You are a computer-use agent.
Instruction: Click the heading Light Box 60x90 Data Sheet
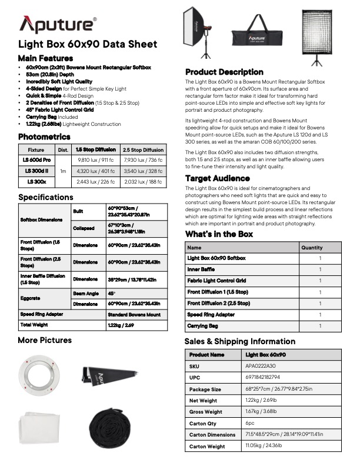pyautogui.click(x=88, y=44)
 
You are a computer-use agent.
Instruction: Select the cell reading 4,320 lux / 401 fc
pyautogui.click(x=96, y=171)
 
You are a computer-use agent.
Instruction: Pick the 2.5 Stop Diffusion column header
pyautogui.click(x=144, y=150)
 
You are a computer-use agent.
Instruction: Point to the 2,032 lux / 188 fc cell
pyautogui.click(x=144, y=181)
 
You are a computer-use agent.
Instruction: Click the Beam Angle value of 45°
pyautogui.click(x=111, y=292)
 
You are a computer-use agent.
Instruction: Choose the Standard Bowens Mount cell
pyautogui.click(x=134, y=315)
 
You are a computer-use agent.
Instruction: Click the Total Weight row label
pyautogui.click(x=34, y=324)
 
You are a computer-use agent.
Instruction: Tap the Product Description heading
pyautogui.click(x=224, y=72)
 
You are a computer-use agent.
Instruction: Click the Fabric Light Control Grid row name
pyautogui.click(x=216, y=281)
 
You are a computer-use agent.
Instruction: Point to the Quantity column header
pyautogui.click(x=312, y=248)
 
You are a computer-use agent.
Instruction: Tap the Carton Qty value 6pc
pyautogui.click(x=251, y=423)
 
